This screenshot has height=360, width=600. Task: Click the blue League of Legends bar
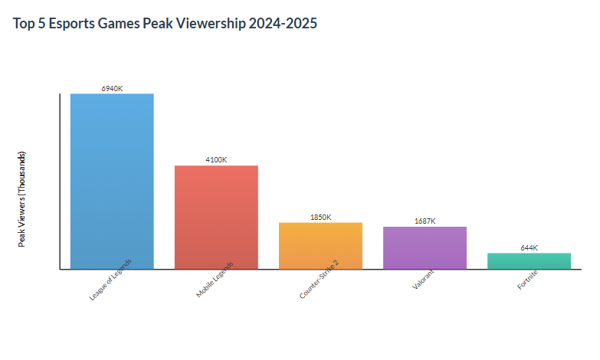click(112, 181)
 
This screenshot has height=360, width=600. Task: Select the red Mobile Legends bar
click(216, 217)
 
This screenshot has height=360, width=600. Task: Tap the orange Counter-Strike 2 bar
click(320, 245)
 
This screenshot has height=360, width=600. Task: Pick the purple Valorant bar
click(425, 247)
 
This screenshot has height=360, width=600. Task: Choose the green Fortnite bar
click(529, 260)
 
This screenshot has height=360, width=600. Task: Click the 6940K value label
click(112, 89)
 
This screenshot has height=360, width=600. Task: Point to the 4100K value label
click(216, 160)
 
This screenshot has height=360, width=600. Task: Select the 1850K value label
click(320, 218)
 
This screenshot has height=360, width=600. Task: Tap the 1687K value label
click(425, 221)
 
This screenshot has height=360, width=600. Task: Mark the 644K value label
click(529, 248)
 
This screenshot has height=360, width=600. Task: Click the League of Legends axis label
click(111, 279)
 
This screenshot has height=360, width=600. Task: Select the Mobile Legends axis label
click(215, 279)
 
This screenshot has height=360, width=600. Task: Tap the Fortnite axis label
click(527, 277)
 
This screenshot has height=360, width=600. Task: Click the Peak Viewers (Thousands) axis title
click(22, 198)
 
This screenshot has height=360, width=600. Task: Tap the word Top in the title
click(24, 24)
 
